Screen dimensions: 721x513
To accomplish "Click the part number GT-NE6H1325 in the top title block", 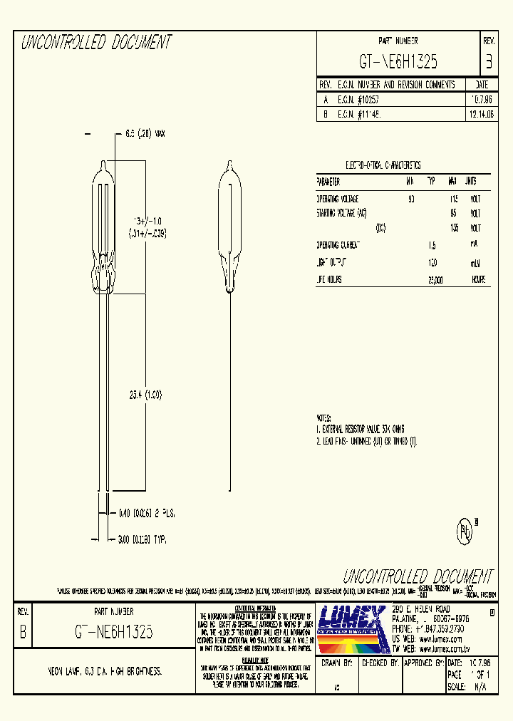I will pos(398,62).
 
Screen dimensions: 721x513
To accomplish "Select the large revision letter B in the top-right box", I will pos(488,62).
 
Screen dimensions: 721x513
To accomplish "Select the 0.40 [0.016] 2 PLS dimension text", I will pos(147,513).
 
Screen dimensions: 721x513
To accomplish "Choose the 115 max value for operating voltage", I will pos(452,199).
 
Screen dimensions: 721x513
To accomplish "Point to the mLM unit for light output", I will pos(476,264).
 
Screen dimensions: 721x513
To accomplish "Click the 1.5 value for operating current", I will pos(432,245).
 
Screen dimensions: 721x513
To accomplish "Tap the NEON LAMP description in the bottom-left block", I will pos(98,671).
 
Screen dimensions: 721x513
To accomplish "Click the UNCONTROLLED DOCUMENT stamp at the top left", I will pos(96,43).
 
